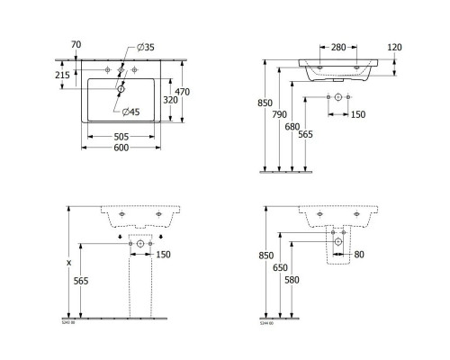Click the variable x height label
click(68, 263)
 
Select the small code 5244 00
click(267, 321)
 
